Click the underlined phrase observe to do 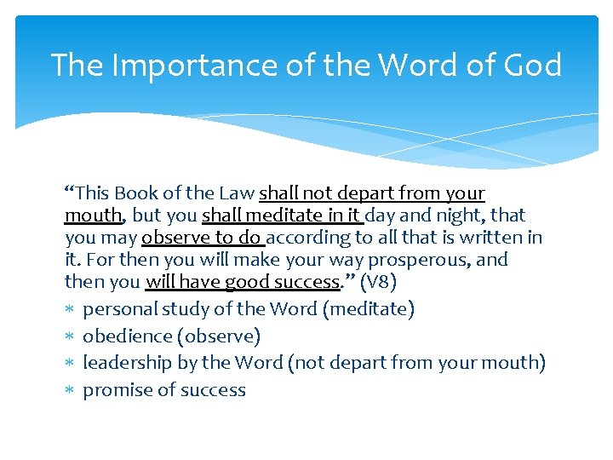click(x=203, y=238)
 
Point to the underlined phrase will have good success click(x=243, y=282)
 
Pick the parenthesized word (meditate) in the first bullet click(x=369, y=308)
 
